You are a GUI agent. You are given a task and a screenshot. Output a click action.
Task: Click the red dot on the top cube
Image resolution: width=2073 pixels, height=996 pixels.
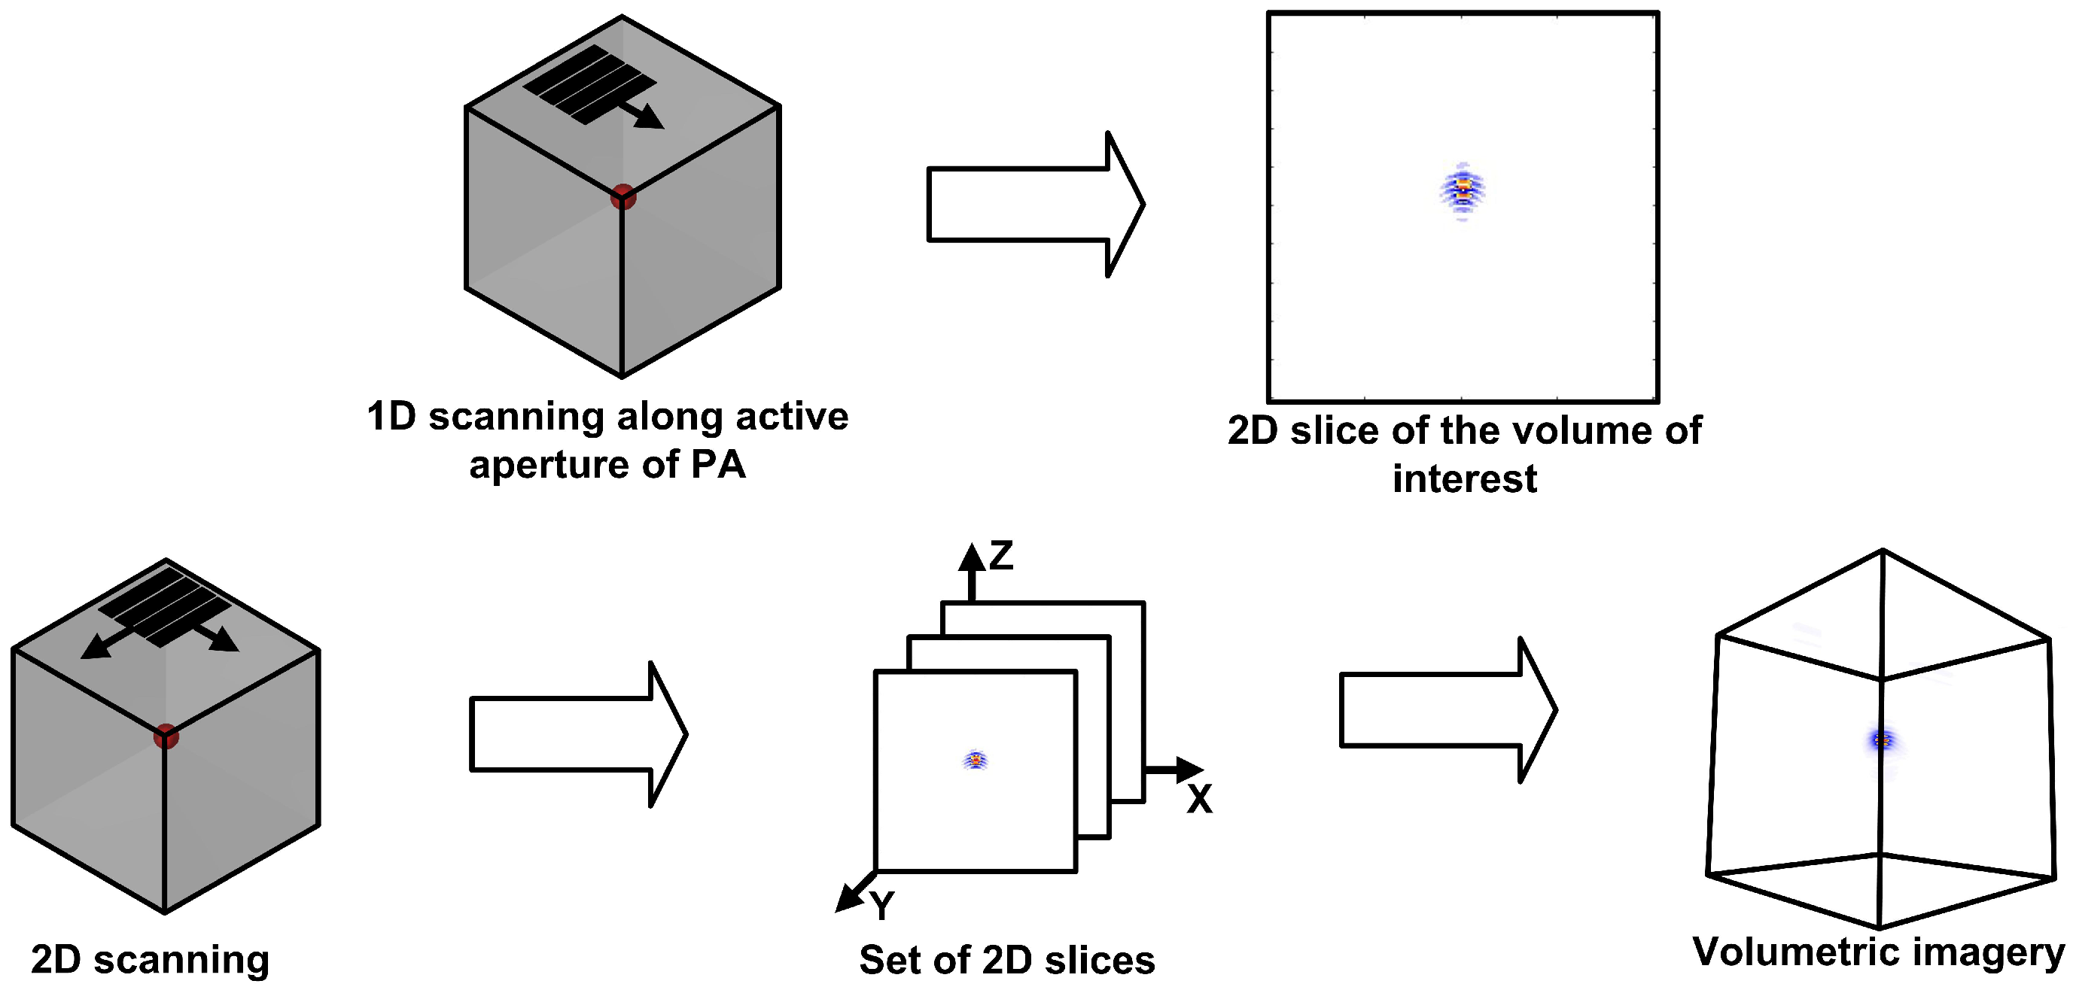pyautogui.click(x=623, y=196)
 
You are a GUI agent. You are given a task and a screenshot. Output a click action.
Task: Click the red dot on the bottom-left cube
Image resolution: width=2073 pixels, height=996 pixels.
pyautogui.click(x=166, y=735)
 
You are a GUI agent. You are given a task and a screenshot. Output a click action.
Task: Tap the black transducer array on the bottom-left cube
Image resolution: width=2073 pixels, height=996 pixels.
pyautogui.click(x=163, y=606)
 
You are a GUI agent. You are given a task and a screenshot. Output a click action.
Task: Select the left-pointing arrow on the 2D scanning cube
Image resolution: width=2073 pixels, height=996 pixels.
pyautogui.click(x=96, y=648)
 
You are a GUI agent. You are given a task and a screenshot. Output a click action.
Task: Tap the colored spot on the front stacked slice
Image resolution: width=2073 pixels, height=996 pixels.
pyautogui.click(x=976, y=759)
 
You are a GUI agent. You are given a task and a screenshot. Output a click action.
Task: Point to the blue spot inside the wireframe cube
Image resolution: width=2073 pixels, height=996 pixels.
pyautogui.click(x=1883, y=739)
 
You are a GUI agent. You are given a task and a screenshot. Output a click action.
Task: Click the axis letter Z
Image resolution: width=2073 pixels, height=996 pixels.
pyautogui.click(x=1000, y=555)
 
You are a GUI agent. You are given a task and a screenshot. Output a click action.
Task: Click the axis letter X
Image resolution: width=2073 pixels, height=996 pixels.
pyautogui.click(x=1199, y=799)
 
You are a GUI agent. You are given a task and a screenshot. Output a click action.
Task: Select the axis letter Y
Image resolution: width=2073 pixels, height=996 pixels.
pyautogui.click(x=881, y=905)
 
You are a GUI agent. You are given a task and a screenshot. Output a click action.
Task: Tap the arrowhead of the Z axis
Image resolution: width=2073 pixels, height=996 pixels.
pyautogui.click(x=971, y=557)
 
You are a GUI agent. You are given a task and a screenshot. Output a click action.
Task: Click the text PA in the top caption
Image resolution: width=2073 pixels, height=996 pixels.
pyautogui.click(x=718, y=464)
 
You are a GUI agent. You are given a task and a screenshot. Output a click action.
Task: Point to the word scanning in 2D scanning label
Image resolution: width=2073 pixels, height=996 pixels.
pyautogui.click(x=181, y=959)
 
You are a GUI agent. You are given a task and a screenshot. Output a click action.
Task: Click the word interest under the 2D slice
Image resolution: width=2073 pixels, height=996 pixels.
pyautogui.click(x=1464, y=478)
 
